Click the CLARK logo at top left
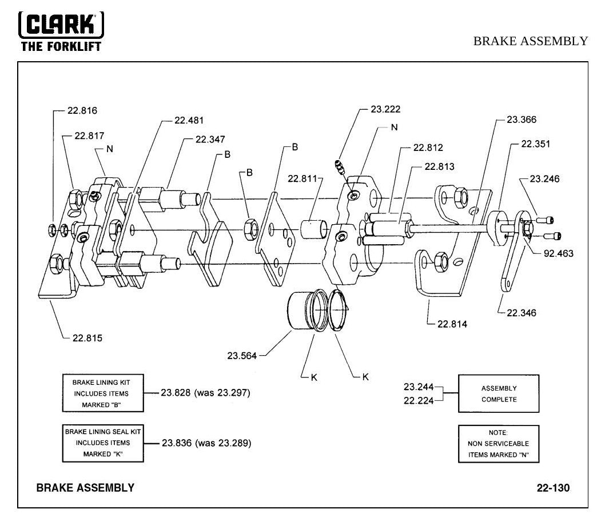61,31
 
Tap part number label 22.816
82,111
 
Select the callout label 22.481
189,120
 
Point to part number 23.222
385,109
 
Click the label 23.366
522,120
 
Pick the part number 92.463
558,253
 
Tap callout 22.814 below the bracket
452,324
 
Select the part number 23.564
241,356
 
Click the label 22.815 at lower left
87,339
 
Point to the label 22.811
302,178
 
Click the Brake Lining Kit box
103,393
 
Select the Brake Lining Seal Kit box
103,443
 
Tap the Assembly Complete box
499,393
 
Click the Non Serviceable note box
499,444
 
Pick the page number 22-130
553,488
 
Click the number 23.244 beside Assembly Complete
419,387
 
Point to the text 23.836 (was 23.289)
206,443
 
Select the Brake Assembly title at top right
531,41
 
